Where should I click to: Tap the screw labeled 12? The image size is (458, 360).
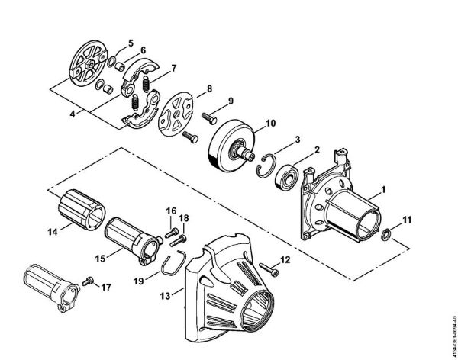pos(268,268)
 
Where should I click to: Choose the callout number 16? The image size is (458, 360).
pos(170,210)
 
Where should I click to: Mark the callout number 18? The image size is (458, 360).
pos(183,218)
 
